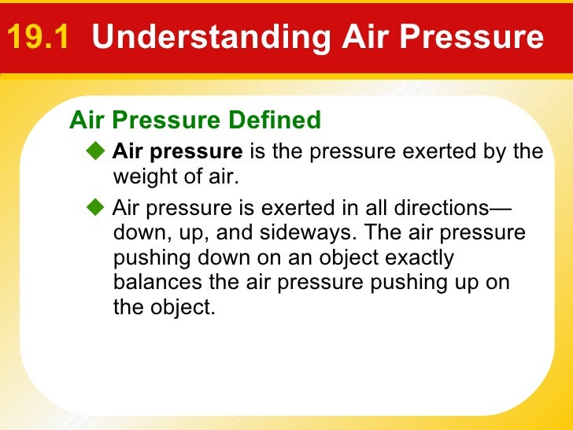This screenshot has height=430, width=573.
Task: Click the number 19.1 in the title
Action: tap(39, 37)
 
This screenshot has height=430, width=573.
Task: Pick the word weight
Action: tap(145, 176)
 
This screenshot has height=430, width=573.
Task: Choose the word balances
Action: tap(152, 283)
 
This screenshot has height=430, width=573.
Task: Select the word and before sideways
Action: tap(234, 234)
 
